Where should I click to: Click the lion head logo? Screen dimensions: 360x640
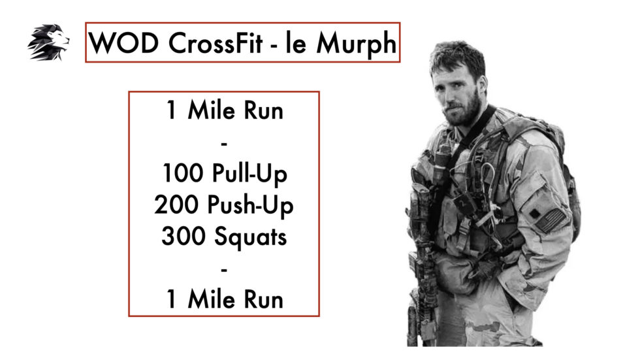point(48,42)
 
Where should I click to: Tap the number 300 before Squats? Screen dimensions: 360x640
point(184,237)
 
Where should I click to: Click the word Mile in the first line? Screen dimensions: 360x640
point(214,111)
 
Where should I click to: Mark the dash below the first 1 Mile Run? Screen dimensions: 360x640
point(224,142)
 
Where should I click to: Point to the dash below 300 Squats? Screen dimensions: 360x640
point(224,267)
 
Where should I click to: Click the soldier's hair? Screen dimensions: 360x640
point(458,56)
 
